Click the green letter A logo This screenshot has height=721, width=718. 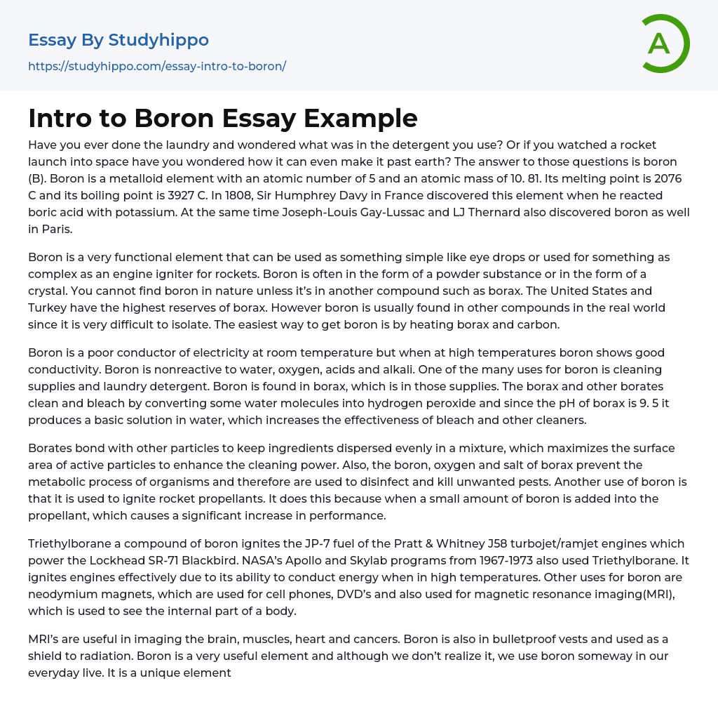click(x=664, y=44)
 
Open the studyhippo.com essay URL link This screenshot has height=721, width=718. click(x=157, y=66)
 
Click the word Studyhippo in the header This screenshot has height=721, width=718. click(x=158, y=40)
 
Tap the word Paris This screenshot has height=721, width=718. click(x=56, y=229)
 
